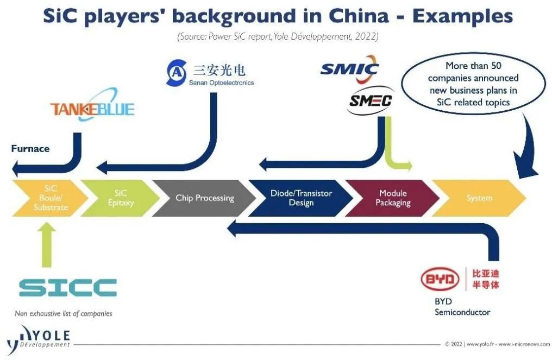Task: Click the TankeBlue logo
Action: (92, 109)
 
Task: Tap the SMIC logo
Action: (349, 69)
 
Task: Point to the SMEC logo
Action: (371, 100)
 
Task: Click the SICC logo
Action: (68, 287)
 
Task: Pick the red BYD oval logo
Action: (440, 280)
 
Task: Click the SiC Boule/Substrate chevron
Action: (48, 198)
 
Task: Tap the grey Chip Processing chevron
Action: (204, 198)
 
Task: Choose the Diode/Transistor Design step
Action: (300, 198)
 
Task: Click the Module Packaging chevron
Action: (392, 198)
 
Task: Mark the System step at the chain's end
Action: (479, 198)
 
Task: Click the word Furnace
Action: (30, 148)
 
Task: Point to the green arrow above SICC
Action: (48, 244)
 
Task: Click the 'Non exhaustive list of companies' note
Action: (64, 313)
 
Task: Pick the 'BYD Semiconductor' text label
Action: (462, 307)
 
